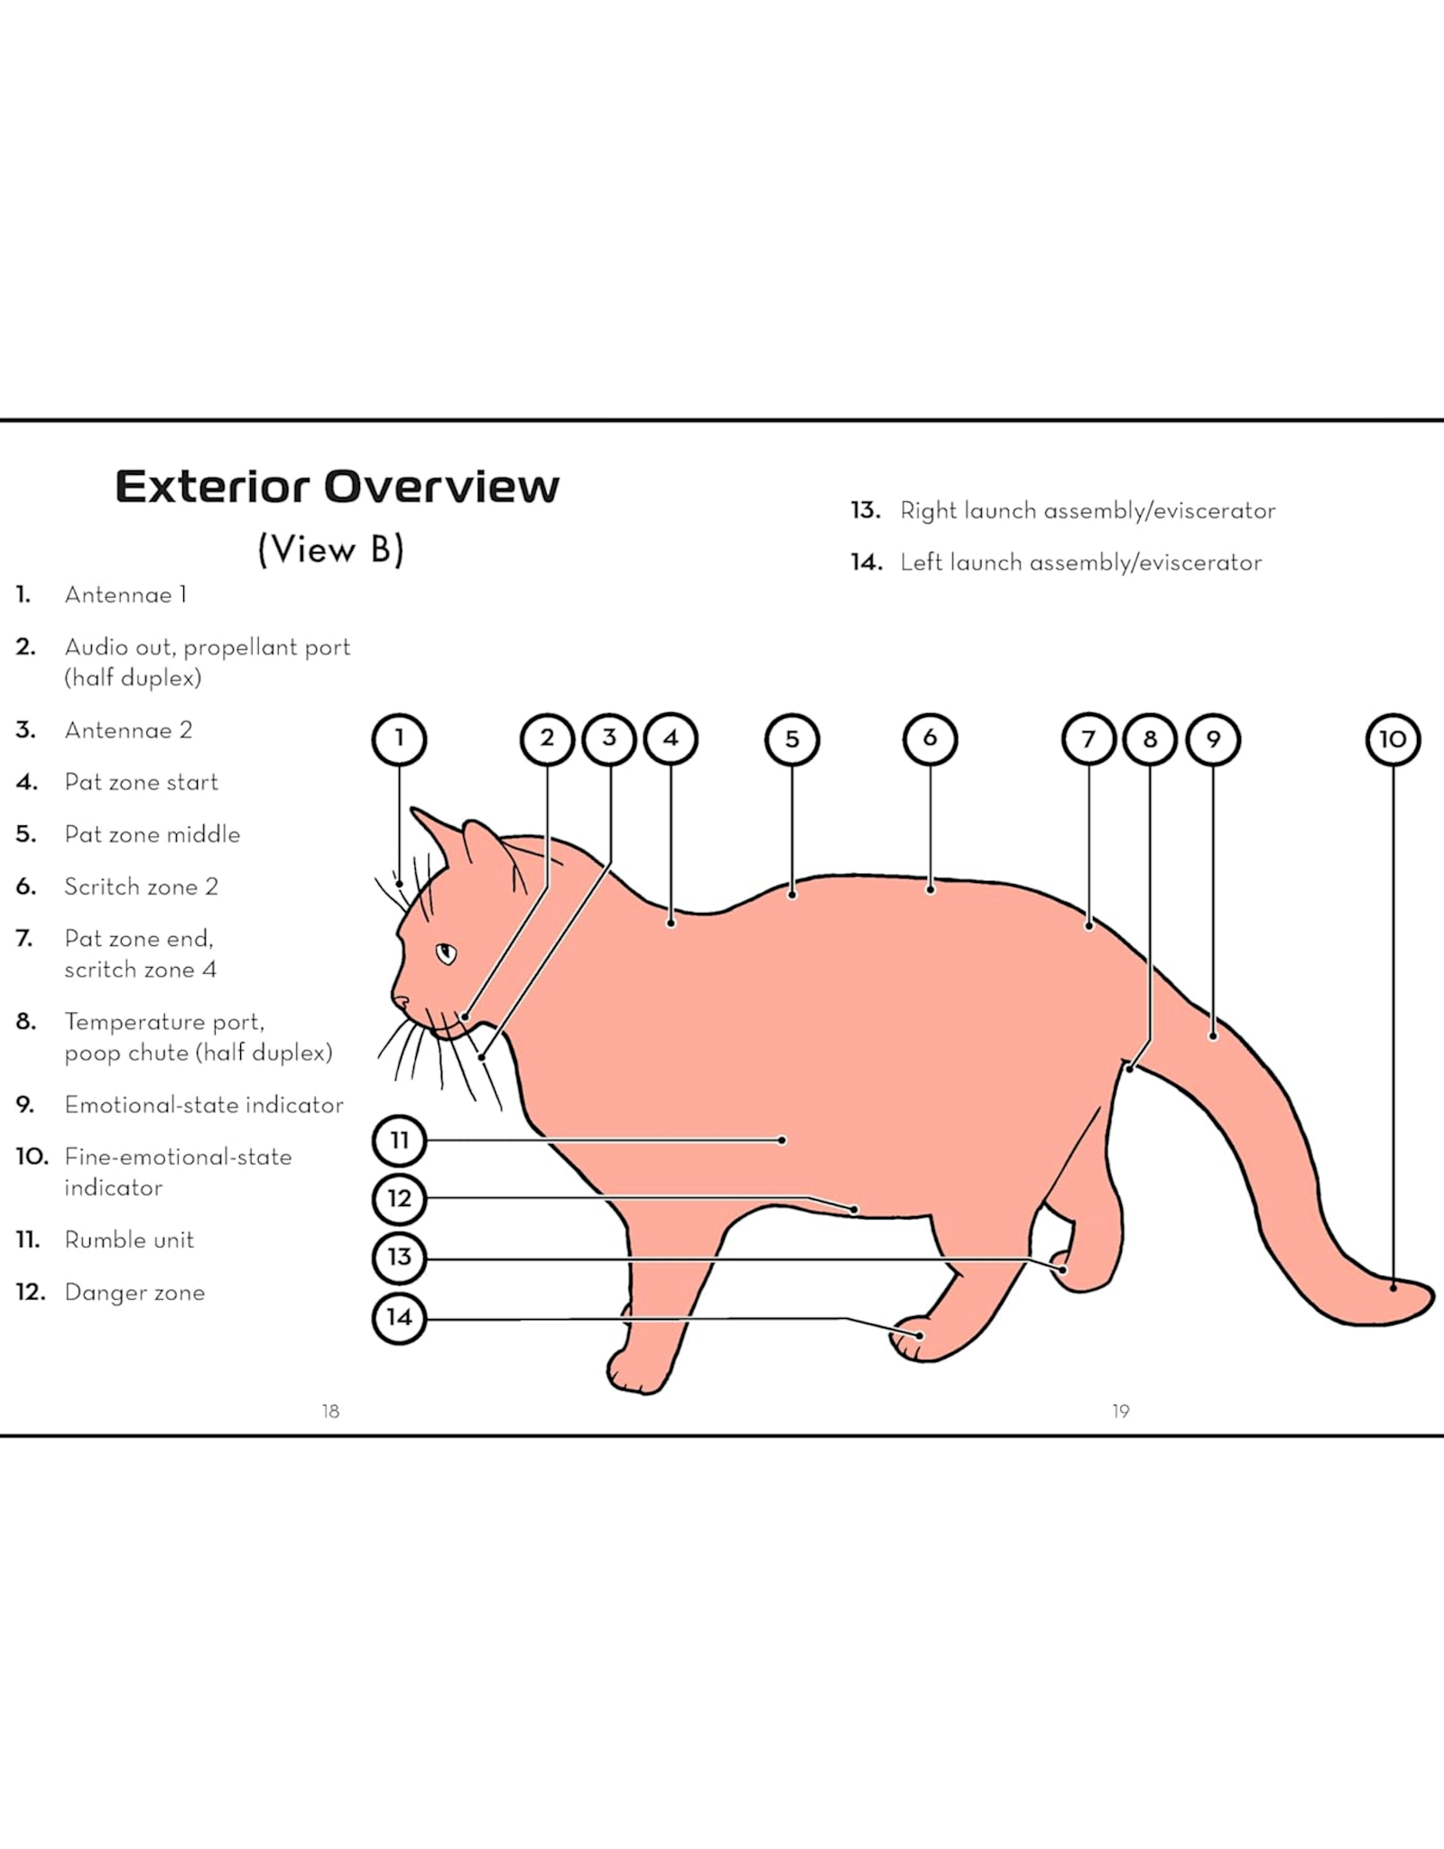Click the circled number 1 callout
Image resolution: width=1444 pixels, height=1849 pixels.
pos(399,739)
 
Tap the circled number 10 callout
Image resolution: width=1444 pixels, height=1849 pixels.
pos(1393,739)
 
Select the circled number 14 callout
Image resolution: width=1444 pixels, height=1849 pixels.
pos(399,1317)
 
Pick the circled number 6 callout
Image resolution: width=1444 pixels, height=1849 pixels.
pos(930,739)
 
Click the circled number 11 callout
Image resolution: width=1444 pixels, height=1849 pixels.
pos(399,1140)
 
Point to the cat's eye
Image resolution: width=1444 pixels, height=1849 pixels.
pos(447,952)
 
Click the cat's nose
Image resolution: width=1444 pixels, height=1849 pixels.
pos(398,1000)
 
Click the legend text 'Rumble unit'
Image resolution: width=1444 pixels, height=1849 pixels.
pos(129,1240)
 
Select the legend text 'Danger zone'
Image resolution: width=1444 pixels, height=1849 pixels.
pos(134,1292)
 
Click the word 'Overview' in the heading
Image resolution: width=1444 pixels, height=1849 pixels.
pos(441,487)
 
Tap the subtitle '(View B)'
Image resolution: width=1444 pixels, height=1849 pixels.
pos(330,549)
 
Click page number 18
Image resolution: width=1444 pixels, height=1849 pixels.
pos(330,1411)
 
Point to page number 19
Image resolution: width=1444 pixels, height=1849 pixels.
pos(1120,1411)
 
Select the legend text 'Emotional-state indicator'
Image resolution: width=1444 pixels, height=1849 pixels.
pos(204,1105)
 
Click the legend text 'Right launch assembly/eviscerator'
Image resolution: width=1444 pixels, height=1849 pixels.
pos(1088,511)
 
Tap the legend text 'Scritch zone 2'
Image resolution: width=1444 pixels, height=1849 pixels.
pos(142,887)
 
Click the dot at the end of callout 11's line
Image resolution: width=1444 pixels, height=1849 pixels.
pos(782,1140)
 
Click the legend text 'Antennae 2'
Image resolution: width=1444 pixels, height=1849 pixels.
pos(128,730)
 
